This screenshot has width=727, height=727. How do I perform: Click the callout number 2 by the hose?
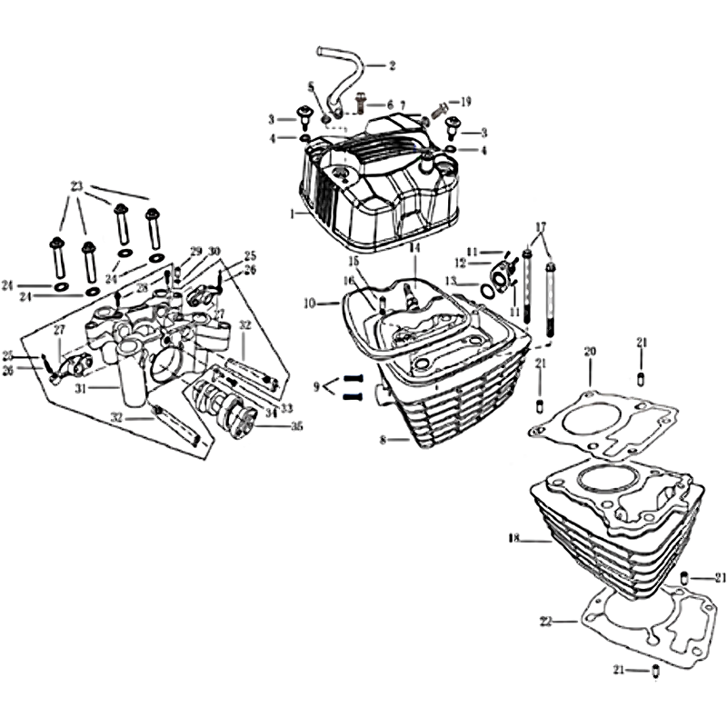(393, 65)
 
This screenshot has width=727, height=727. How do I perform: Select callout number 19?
(465, 102)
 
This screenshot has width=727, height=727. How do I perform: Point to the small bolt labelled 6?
(361, 103)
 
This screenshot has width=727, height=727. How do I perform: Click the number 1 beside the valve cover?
(292, 214)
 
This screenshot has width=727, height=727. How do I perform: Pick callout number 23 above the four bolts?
(76, 186)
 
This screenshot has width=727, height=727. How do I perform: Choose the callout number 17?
(540, 227)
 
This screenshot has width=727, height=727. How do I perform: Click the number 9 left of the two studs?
(316, 387)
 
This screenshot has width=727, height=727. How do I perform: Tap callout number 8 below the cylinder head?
(383, 440)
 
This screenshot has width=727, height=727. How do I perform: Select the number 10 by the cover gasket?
(310, 304)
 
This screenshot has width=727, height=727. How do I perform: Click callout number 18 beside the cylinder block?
(514, 538)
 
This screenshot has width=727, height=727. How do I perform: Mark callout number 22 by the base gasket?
(546, 622)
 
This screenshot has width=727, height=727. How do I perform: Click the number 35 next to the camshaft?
(296, 425)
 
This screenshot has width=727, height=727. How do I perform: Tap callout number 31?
(82, 388)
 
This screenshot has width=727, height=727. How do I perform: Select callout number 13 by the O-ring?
(451, 281)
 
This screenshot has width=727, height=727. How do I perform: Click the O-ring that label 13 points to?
(487, 291)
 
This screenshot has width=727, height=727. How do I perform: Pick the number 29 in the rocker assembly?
(196, 251)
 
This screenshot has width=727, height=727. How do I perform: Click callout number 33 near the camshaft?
(287, 408)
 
